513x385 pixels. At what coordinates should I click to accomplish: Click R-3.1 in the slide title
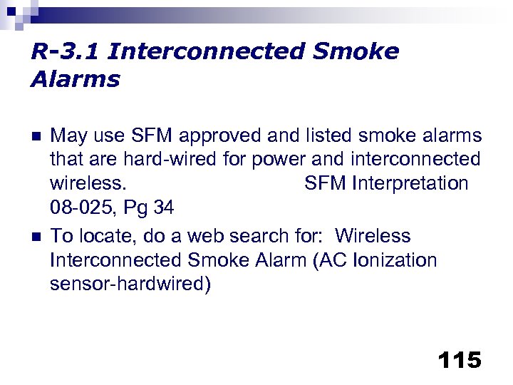click(65, 52)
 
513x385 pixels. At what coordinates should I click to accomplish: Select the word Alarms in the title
click(76, 79)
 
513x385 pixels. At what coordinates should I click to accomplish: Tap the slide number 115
click(460, 360)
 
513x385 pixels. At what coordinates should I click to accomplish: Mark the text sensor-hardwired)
click(130, 284)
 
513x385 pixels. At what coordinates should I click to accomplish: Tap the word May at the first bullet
click(68, 135)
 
